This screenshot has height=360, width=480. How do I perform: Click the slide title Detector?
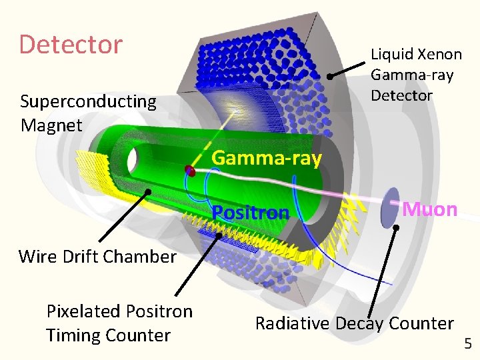pyautogui.click(x=71, y=45)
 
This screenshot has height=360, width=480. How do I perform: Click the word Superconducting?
pyautogui.click(x=88, y=101)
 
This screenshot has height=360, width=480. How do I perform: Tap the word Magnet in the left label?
pyautogui.click(x=51, y=125)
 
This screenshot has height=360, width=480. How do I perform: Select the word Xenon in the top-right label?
pyautogui.click(x=434, y=54)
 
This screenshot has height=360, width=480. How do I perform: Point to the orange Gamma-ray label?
pyautogui.click(x=267, y=158)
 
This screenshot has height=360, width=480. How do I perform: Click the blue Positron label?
pyautogui.click(x=251, y=213)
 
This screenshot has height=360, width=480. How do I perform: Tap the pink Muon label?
pyautogui.click(x=430, y=209)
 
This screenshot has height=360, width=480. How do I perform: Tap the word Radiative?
pyautogui.click(x=292, y=323)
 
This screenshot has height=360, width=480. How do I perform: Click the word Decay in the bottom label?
pyautogui.click(x=361, y=323)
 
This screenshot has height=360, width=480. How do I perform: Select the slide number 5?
pyautogui.click(x=467, y=344)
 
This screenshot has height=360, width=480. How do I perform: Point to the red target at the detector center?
pyautogui.click(x=190, y=171)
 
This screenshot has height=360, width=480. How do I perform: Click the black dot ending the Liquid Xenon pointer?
pyautogui.click(x=329, y=77)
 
